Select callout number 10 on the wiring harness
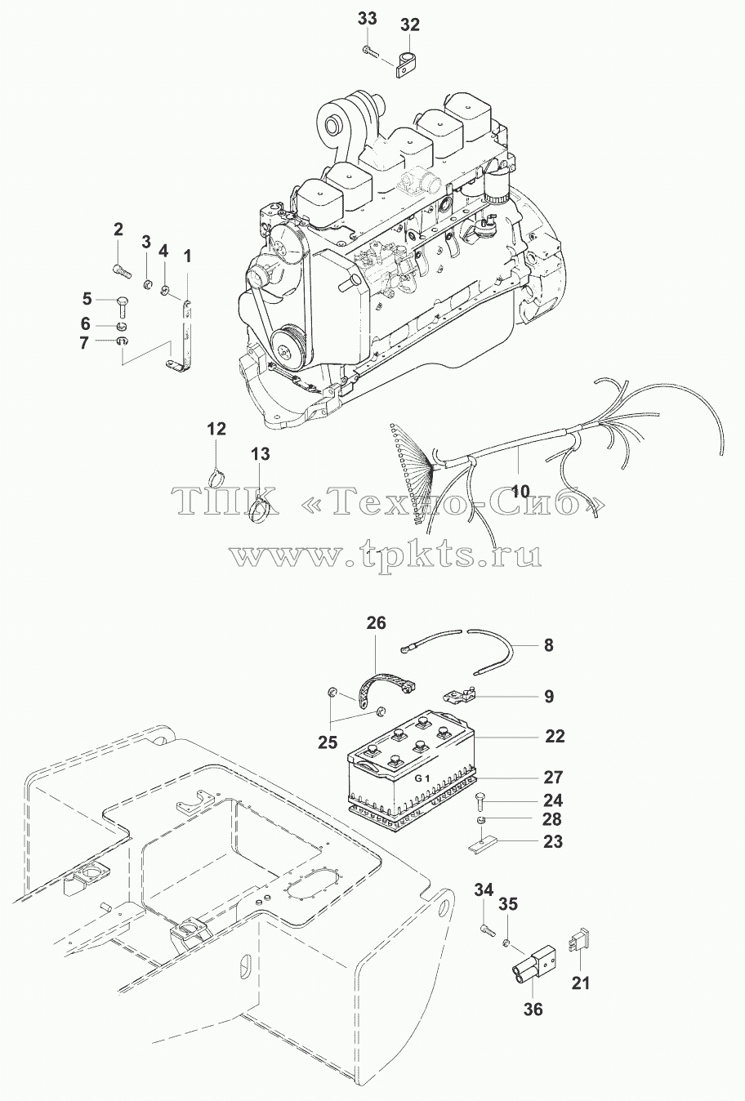point(521,490)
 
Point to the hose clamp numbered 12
point(216,477)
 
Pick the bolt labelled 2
point(122,270)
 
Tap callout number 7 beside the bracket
point(84,342)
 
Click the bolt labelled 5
point(122,306)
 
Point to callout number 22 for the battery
point(555,750)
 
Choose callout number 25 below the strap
point(328,756)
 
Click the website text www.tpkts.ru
point(386,555)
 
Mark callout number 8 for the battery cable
point(549,644)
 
